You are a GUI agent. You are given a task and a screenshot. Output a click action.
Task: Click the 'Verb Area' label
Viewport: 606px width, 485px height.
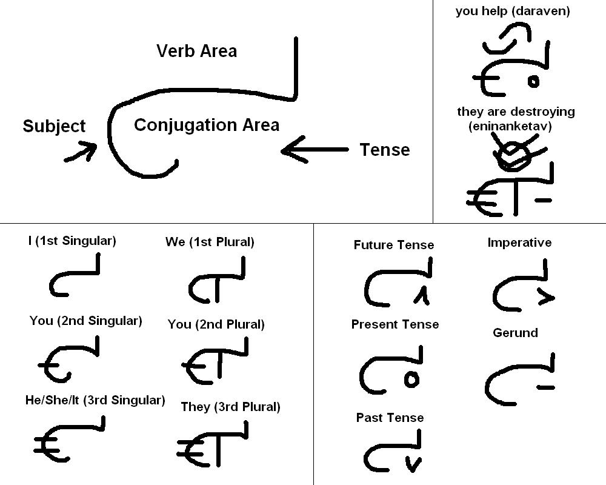196,51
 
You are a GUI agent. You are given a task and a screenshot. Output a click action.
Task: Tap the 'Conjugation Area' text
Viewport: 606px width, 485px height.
207,125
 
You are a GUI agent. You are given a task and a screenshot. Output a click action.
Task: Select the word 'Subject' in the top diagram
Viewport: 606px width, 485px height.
54,126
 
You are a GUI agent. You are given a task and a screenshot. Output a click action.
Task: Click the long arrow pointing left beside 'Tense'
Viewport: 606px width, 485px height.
315,150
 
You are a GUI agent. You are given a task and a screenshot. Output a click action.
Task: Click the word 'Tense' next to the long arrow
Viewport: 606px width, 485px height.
384,150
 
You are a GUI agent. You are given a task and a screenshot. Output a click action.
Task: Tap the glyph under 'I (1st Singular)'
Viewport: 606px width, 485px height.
73,278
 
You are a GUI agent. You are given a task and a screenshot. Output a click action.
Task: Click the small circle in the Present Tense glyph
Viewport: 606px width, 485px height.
411,380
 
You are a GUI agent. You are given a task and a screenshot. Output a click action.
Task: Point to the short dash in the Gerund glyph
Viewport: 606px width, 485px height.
545,387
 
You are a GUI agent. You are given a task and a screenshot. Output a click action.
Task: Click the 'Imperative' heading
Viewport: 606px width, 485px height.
519,242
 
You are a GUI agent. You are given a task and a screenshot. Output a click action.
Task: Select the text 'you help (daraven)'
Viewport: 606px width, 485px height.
513,11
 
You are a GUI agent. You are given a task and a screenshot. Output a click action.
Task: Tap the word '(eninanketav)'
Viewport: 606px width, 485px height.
510,126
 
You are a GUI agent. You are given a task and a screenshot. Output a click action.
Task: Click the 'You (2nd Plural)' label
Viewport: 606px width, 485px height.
216,324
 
